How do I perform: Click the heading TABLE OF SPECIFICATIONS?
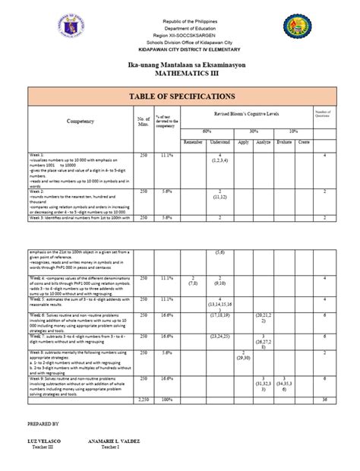tap(180, 95)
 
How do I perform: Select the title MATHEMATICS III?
tap(181, 75)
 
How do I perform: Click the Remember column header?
tap(194, 142)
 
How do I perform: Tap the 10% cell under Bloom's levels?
tap(293, 130)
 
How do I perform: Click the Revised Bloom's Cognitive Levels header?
tap(247, 112)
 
